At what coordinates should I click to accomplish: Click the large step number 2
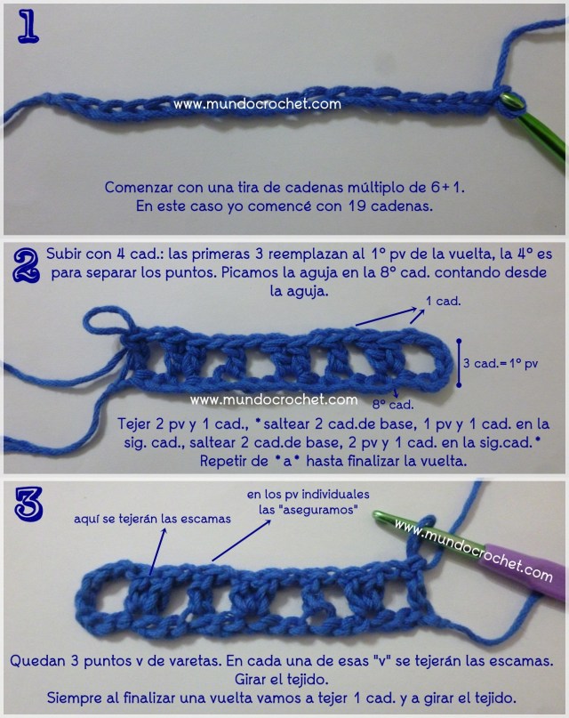click(28, 264)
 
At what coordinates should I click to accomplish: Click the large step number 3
click(28, 504)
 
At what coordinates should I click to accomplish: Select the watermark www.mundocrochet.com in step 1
click(257, 104)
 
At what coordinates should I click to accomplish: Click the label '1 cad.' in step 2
click(443, 302)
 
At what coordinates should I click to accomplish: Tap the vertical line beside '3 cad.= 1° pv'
click(458, 362)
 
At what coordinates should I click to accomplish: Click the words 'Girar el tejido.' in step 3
click(285, 679)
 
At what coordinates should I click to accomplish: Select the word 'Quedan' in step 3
click(36, 661)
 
